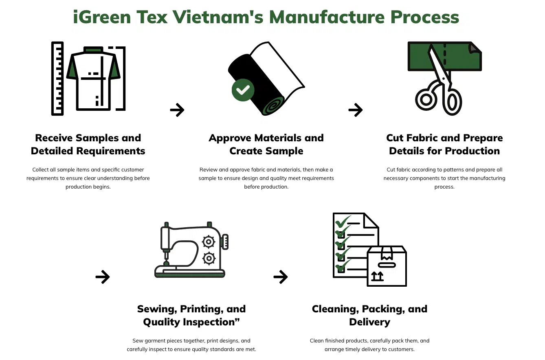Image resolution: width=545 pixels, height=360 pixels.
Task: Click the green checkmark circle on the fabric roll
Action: pyautogui.click(x=243, y=90)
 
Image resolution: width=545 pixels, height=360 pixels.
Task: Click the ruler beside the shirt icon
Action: pyautogui.click(x=57, y=78)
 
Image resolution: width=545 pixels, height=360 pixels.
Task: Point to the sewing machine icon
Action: pyautogui.click(x=190, y=250)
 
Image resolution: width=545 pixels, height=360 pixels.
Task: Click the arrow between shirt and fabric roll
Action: pyautogui.click(x=177, y=110)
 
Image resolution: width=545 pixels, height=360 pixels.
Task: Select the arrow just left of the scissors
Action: pyautogui.click(x=355, y=110)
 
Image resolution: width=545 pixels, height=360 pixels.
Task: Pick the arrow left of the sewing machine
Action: pyautogui.click(x=103, y=277)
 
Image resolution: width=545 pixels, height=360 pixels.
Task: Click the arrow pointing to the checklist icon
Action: pyautogui.click(x=281, y=277)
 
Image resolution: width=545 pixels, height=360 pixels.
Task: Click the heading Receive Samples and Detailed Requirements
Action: pyautogui.click(x=88, y=145)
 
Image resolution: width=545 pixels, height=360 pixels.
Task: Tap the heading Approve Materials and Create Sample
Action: pyautogui.click(x=266, y=145)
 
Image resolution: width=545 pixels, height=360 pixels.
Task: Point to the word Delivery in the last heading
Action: pyautogui.click(x=369, y=322)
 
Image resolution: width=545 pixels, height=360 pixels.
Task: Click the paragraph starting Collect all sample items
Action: pyautogui.click(x=88, y=178)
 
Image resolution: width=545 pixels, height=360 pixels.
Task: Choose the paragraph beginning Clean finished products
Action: pyautogui.click(x=369, y=345)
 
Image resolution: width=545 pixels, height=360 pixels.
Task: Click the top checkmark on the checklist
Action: pyautogui.click(x=342, y=222)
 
